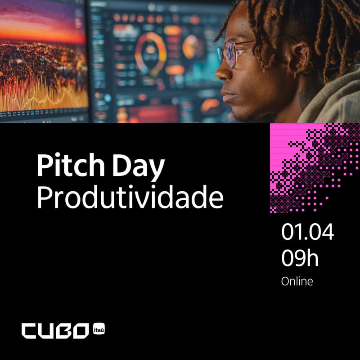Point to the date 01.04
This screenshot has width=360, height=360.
pyautogui.click(x=308, y=232)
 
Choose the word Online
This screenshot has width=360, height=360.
pyautogui.click(x=297, y=282)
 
